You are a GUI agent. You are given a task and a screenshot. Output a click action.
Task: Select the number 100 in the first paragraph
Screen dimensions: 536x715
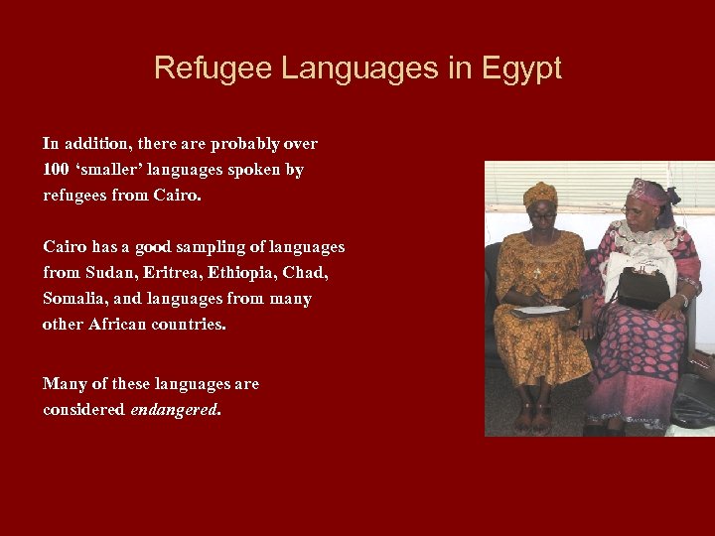coord(56,170)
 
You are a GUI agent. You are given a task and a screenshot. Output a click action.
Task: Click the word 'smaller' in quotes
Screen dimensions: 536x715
coord(109,170)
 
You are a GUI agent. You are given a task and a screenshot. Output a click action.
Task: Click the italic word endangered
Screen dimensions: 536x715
coord(174,410)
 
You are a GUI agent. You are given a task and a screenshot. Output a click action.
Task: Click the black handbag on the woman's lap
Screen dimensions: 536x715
coord(643,288)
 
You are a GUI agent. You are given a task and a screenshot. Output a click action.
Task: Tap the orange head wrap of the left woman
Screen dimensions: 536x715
coord(540,193)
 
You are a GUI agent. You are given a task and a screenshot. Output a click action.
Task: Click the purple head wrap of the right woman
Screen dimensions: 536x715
coord(647,191)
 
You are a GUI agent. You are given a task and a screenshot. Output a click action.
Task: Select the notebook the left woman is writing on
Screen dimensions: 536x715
coord(541,311)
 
